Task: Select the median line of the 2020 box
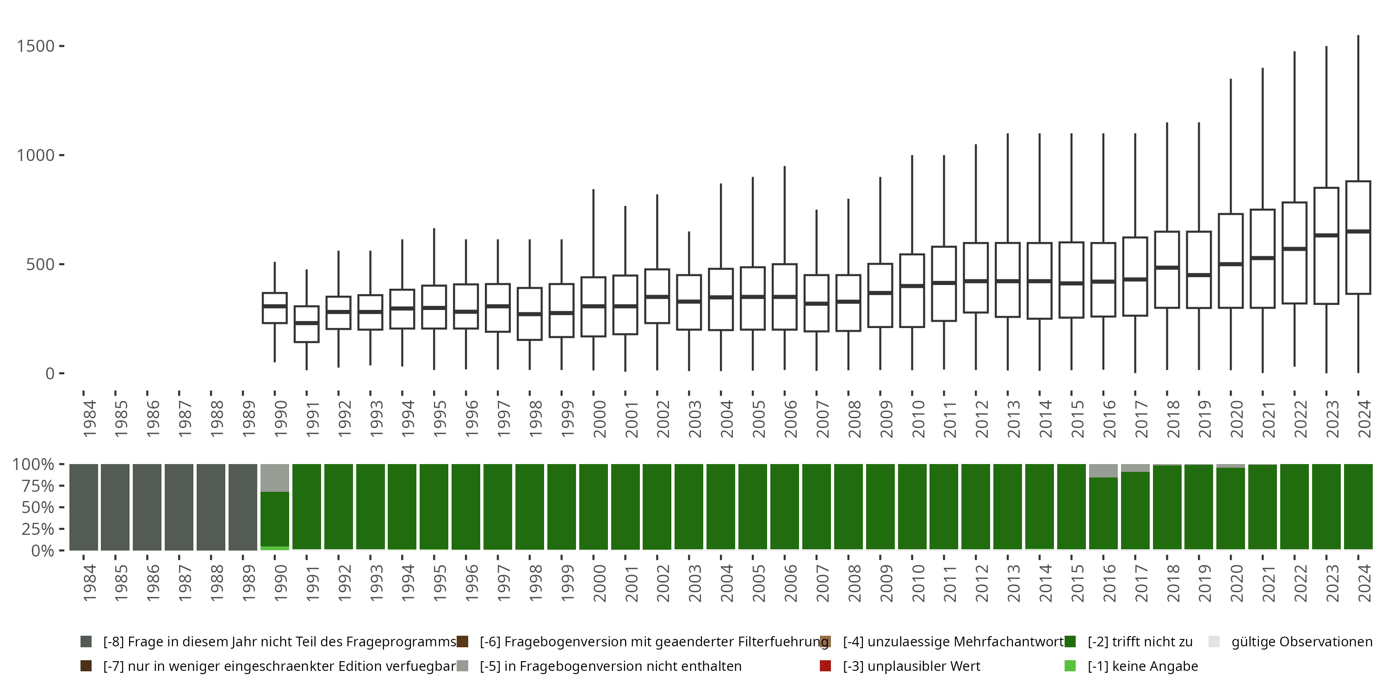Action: [x=1231, y=264]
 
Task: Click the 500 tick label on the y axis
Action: [x=40, y=265]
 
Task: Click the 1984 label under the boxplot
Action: [x=89, y=419]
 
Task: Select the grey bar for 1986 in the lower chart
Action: [x=147, y=507]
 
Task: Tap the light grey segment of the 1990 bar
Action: [x=275, y=478]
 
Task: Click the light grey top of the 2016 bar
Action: [x=1103, y=471]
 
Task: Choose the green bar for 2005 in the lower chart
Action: [x=753, y=507]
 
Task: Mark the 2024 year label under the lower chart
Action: [x=1364, y=583]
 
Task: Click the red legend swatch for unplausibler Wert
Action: [x=825, y=666]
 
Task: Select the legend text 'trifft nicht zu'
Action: [x=1140, y=642]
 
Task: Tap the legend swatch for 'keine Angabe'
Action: [x=1070, y=666]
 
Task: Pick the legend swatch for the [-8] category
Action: [x=86, y=642]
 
